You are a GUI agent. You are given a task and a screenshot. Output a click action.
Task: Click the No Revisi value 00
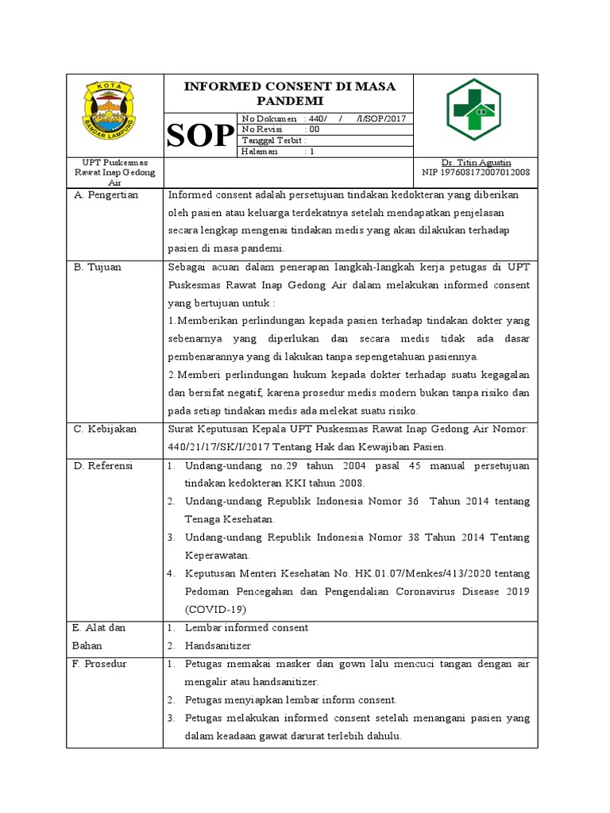(315, 129)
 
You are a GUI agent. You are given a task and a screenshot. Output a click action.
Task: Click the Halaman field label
(260, 152)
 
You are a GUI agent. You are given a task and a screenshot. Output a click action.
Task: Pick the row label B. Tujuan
(98, 268)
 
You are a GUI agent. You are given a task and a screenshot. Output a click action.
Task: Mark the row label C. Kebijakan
(106, 429)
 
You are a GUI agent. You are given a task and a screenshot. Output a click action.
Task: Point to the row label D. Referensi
(104, 466)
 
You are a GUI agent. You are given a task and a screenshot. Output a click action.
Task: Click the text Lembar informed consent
(246, 627)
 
